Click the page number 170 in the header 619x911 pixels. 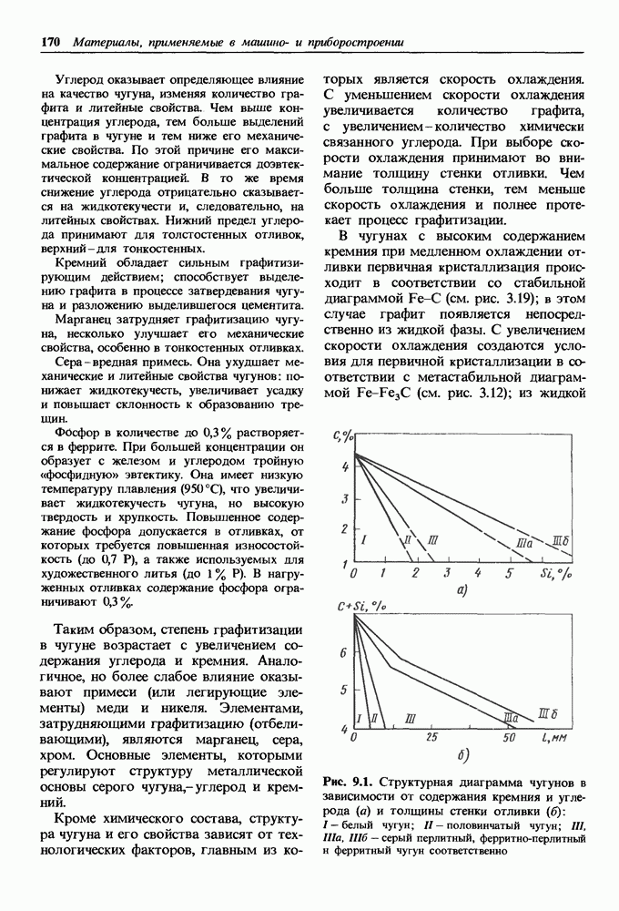(51, 42)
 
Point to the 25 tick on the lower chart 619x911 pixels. (433, 735)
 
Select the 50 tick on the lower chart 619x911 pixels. (510, 735)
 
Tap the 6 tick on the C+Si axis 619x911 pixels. (343, 652)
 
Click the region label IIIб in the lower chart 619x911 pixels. (550, 711)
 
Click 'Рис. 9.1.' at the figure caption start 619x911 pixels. (348, 782)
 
